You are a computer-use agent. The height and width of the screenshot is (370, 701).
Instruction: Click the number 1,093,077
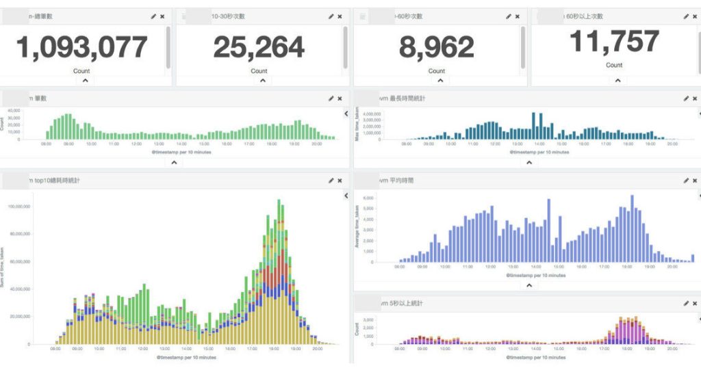click(x=81, y=47)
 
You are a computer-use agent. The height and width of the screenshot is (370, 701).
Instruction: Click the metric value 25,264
click(x=259, y=47)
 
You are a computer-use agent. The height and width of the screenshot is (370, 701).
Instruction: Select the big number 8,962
click(x=436, y=47)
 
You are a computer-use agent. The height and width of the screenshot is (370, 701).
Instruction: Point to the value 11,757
click(x=614, y=42)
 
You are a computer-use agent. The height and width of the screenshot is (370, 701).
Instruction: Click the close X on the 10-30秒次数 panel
click(x=340, y=16)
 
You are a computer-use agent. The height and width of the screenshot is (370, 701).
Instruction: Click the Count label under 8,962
click(x=436, y=71)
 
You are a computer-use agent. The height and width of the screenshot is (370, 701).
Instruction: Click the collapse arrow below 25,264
click(x=259, y=80)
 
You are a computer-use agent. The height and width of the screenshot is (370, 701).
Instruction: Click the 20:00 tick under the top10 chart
click(x=318, y=349)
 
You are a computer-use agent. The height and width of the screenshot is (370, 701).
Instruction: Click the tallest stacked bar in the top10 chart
click(x=279, y=274)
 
